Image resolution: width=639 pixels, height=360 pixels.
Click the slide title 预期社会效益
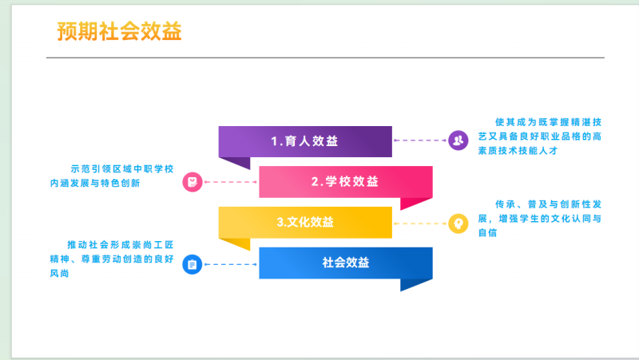(120, 31)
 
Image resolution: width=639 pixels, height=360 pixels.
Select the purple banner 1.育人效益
(305, 141)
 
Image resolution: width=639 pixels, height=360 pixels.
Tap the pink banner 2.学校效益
(346, 181)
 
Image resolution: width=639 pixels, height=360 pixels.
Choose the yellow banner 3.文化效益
(305, 222)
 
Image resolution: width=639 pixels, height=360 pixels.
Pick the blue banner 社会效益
(346, 262)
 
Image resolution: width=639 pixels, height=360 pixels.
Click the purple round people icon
(457, 141)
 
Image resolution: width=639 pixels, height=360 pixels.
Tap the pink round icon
(192, 182)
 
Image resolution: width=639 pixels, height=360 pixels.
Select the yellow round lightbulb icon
(457, 223)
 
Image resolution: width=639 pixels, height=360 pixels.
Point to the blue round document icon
(192, 263)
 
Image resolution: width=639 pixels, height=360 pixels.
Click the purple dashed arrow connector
(420, 141)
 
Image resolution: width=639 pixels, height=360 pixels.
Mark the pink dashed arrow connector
(231, 182)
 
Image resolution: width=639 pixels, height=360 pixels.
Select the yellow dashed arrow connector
(420, 223)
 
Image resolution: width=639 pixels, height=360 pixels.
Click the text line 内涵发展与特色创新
(105, 184)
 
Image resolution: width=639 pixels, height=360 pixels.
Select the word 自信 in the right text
(486, 232)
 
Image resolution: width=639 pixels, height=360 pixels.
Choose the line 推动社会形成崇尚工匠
(120, 244)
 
